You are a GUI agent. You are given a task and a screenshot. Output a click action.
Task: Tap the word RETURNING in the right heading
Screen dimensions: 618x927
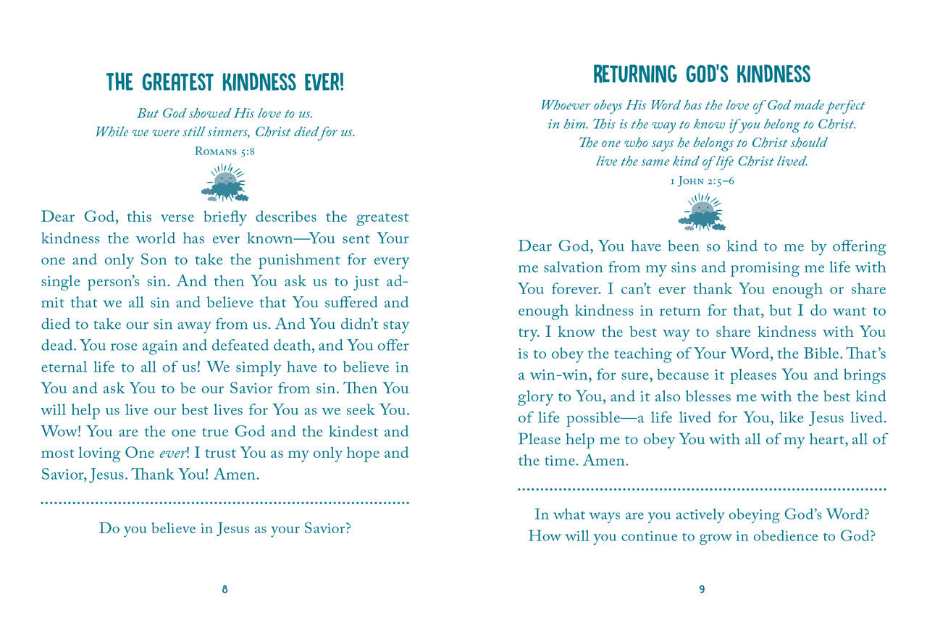tap(636, 75)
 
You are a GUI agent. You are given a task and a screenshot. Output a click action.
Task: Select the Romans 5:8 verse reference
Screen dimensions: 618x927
tap(225, 151)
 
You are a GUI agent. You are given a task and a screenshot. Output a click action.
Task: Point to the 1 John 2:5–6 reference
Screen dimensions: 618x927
tap(702, 180)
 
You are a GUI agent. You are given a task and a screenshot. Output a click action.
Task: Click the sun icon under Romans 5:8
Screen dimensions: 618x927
tap(225, 182)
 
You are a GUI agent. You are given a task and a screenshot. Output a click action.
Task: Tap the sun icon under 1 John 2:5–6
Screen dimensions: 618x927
tap(702, 212)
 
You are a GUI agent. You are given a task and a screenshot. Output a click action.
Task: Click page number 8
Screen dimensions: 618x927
tap(225, 590)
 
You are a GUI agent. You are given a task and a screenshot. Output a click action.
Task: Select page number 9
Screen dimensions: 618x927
tap(702, 590)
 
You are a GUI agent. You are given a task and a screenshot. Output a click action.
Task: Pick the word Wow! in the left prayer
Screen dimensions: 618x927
tap(64, 432)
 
